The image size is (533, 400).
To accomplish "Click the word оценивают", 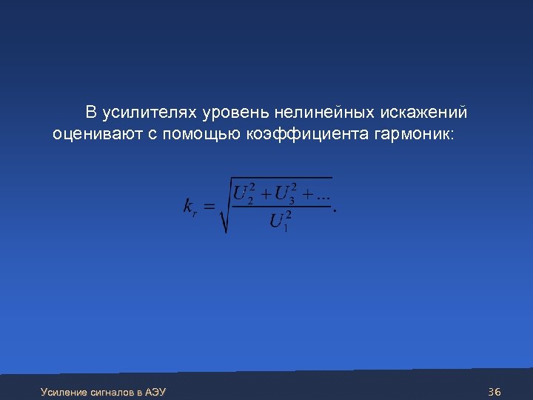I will tap(93, 134).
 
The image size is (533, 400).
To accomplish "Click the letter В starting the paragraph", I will tap(90, 113).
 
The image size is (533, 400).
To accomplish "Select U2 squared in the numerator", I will tap(244, 194).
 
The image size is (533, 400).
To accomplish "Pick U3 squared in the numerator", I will tap(285, 194).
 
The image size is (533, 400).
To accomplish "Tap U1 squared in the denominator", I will tap(280, 221).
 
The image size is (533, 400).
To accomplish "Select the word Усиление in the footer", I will tap(64, 391).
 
